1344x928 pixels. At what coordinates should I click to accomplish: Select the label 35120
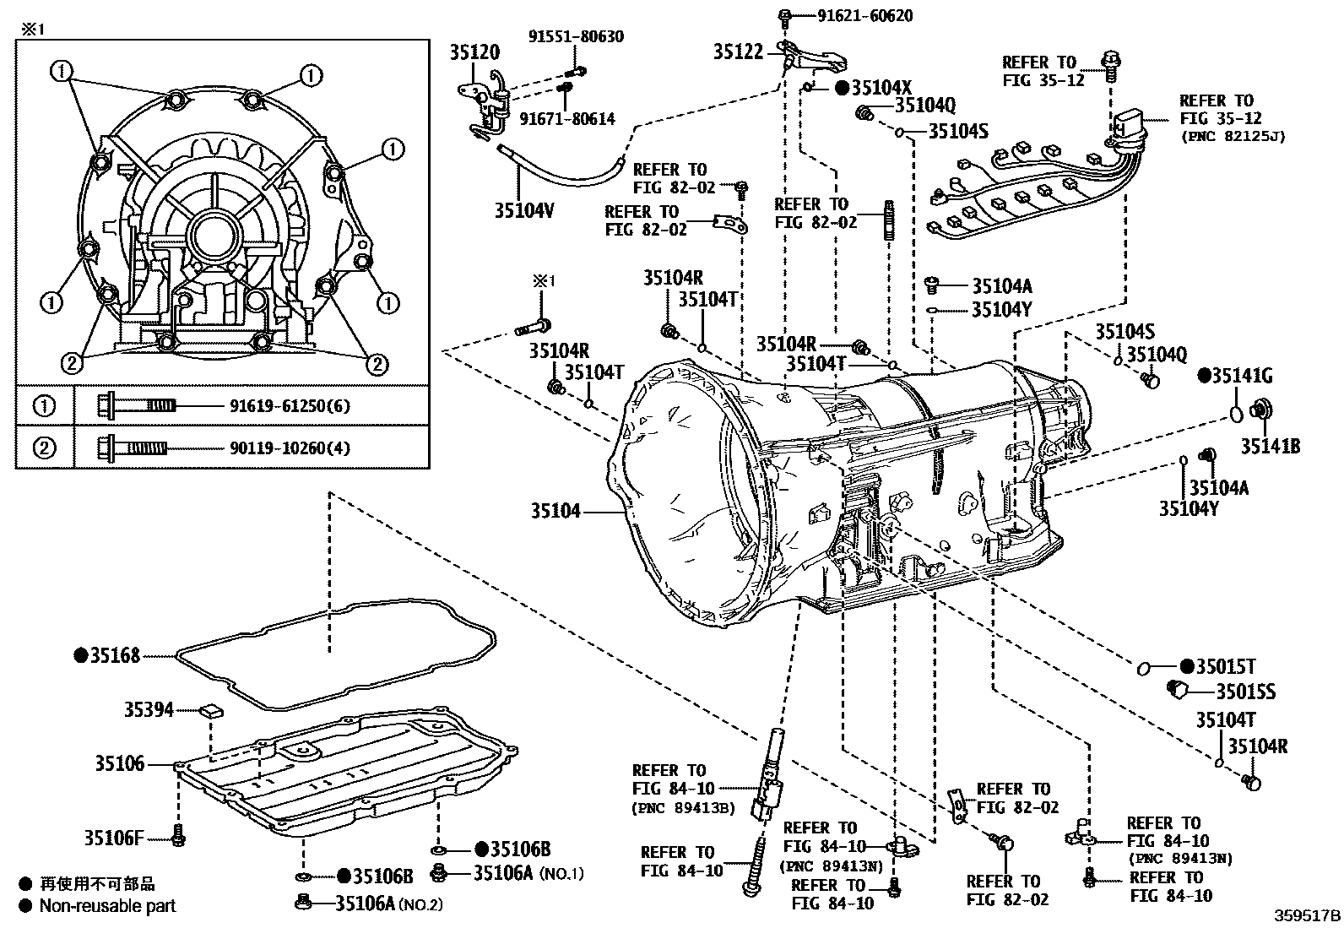pos(474,52)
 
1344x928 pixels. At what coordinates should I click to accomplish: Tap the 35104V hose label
pos(524,210)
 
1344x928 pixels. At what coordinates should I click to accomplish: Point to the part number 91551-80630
pos(577,36)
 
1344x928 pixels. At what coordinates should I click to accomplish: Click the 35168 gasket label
pos(117,655)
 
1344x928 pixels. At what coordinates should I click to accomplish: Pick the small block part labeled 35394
pos(211,710)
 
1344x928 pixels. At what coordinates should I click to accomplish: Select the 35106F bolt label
pos(114,838)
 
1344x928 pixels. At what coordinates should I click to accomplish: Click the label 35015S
pos(1245,692)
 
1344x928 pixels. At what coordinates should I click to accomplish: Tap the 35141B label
pos(1270,446)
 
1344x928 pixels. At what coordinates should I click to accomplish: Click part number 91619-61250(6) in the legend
pos(290,406)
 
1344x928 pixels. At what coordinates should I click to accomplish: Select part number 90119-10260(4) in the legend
pos(290,448)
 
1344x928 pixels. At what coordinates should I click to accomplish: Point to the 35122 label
pos(737,52)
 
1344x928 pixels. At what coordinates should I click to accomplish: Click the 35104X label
pos(881,88)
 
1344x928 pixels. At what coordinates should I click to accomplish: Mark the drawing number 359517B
pos(1307,915)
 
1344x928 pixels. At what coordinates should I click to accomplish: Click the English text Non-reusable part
pos(108,906)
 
